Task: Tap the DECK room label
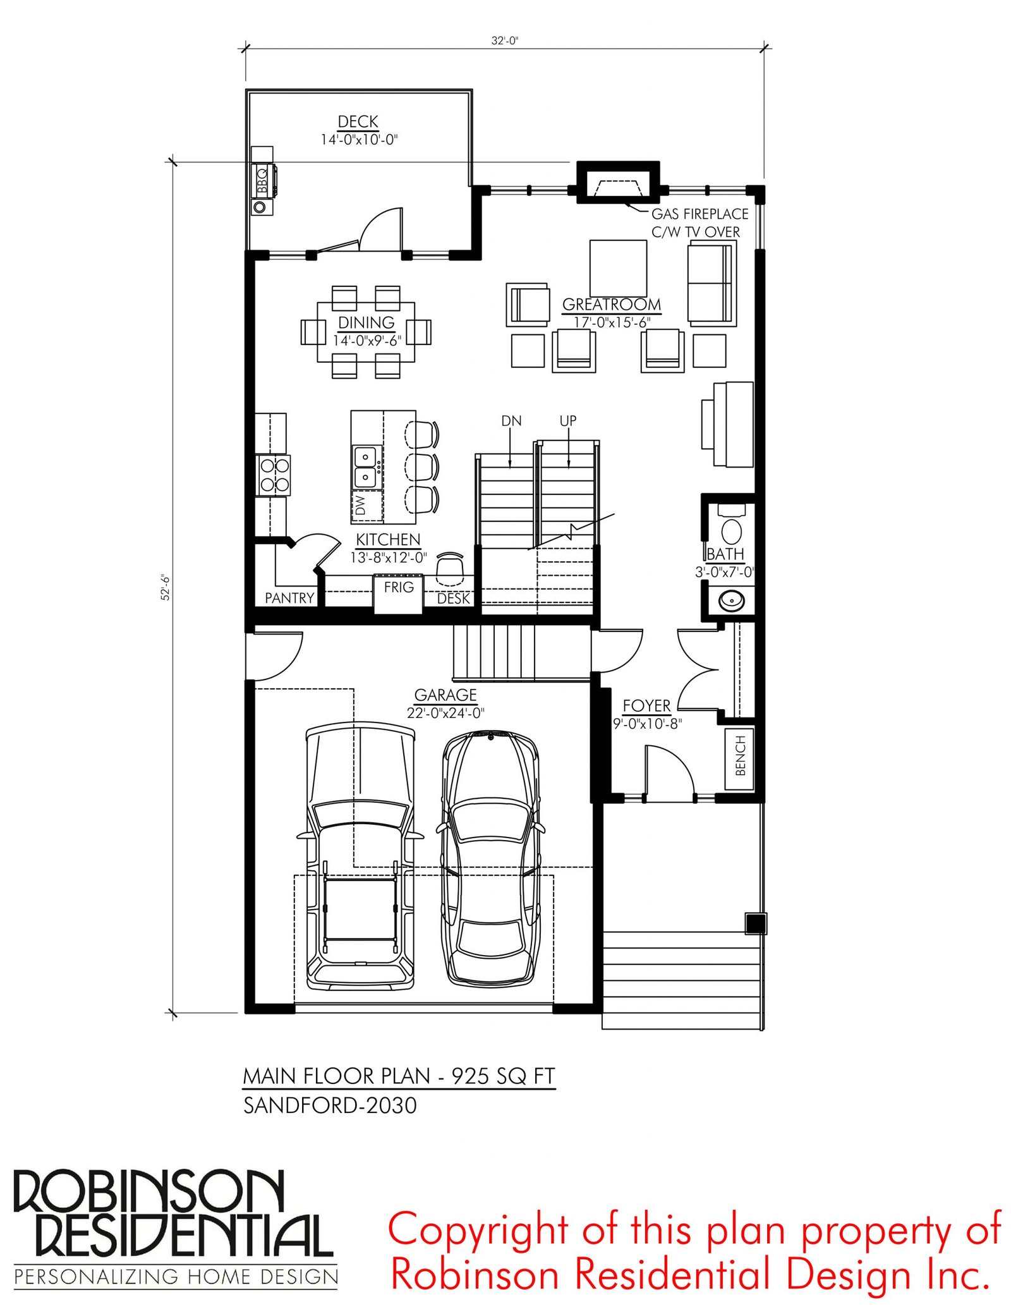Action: (x=358, y=121)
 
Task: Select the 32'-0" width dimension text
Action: (x=505, y=40)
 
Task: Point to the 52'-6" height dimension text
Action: (x=166, y=587)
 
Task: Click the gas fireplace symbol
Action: (x=618, y=182)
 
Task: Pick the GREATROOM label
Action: (x=612, y=305)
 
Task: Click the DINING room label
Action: (x=366, y=323)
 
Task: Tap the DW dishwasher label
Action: (x=360, y=505)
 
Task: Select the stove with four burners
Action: (x=273, y=475)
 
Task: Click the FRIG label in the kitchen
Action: (x=399, y=587)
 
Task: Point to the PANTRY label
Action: (x=289, y=598)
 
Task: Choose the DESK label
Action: (x=454, y=598)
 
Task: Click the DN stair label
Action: (x=511, y=421)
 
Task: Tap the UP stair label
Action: (x=568, y=421)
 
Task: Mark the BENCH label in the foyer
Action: (x=741, y=755)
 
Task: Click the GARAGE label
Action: (x=445, y=695)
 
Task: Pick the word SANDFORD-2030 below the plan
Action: (x=330, y=1105)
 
